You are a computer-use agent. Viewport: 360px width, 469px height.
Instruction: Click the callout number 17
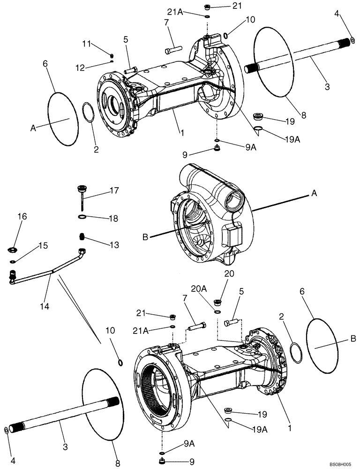114,191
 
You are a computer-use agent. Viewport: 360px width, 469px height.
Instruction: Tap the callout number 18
114,218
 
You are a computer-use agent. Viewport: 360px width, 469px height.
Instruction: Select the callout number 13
114,245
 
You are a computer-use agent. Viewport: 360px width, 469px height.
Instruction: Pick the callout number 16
22,216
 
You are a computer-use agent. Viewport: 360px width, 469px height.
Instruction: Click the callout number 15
43,245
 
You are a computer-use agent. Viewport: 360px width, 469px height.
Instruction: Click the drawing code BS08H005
339,463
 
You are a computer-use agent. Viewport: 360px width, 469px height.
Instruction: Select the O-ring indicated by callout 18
82,217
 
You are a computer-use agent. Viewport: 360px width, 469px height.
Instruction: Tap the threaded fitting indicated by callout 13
82,236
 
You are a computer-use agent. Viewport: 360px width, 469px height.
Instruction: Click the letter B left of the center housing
145,238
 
